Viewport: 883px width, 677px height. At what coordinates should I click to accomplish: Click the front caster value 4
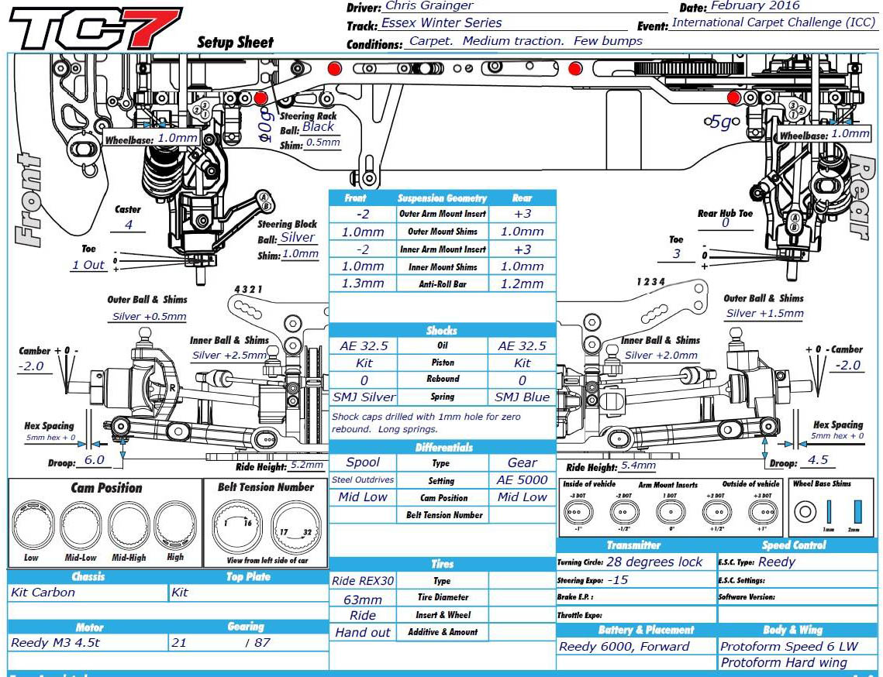[129, 225]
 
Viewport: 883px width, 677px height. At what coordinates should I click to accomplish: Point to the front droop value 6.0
[94, 459]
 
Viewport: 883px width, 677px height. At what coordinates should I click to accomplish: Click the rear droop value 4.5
[818, 459]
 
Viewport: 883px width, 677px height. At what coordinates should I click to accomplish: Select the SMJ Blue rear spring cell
[522, 397]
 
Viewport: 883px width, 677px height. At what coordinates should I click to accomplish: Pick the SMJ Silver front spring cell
[364, 397]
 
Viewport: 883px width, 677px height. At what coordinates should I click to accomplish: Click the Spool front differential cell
[363, 462]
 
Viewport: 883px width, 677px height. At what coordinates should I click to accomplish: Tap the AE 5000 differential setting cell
[522, 480]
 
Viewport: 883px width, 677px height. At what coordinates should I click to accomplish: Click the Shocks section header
[442, 331]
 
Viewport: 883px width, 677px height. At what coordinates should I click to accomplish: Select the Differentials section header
[443, 448]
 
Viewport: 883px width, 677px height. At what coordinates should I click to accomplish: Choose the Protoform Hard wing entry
[784, 662]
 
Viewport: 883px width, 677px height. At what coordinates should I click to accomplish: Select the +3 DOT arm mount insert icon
[764, 512]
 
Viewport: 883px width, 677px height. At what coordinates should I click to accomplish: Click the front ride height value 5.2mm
[306, 466]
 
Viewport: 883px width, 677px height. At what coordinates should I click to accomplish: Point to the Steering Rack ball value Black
[318, 127]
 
